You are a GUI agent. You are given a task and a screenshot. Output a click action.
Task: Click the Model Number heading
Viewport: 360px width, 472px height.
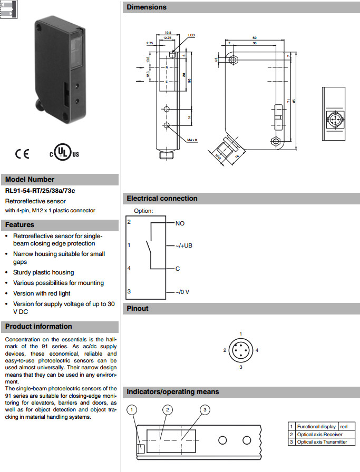click(30, 179)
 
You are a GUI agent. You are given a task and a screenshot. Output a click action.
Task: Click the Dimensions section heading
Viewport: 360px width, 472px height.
click(147, 7)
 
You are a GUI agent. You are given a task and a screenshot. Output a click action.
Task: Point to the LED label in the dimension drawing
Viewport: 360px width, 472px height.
click(191, 35)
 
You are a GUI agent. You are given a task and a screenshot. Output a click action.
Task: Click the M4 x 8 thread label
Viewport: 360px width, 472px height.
click(192, 140)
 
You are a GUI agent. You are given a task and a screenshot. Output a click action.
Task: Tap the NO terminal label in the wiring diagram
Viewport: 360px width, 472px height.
click(180, 223)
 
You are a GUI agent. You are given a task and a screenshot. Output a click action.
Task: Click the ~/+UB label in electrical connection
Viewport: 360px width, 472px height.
click(184, 245)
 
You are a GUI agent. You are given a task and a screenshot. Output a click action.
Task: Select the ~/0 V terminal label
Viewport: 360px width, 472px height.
click(182, 292)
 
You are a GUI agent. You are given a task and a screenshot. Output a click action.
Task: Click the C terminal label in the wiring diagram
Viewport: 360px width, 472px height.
click(178, 269)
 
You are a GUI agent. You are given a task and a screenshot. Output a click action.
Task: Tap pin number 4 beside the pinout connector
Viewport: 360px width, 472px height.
click(257, 350)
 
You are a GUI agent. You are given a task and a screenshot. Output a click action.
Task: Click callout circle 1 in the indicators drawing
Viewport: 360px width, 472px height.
click(133, 409)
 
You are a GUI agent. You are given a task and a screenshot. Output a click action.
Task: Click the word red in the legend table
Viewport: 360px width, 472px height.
click(344, 427)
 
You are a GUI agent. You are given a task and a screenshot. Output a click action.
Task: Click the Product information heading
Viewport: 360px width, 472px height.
click(38, 326)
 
